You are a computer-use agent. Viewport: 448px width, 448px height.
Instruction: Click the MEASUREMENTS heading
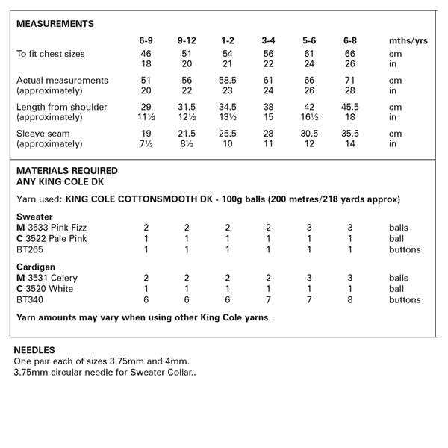pyautogui.click(x=55, y=24)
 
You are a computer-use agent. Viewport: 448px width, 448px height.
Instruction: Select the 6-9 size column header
pyautogui.click(x=147, y=39)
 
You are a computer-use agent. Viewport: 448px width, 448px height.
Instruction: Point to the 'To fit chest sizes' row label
pyautogui.click(x=51, y=54)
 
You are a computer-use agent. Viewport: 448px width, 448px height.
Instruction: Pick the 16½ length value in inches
pyautogui.click(x=309, y=117)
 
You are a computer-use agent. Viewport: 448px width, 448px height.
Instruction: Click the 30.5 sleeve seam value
pyautogui.click(x=309, y=133)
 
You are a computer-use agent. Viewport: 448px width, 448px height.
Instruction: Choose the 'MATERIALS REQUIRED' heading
pyautogui.click(x=67, y=170)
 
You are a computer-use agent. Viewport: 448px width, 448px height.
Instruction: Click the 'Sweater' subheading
pyautogui.click(x=34, y=214)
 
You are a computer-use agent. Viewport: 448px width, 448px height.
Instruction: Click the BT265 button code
pyautogui.click(x=30, y=249)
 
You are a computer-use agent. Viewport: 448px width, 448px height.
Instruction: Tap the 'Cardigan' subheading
pyautogui.click(x=36, y=265)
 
